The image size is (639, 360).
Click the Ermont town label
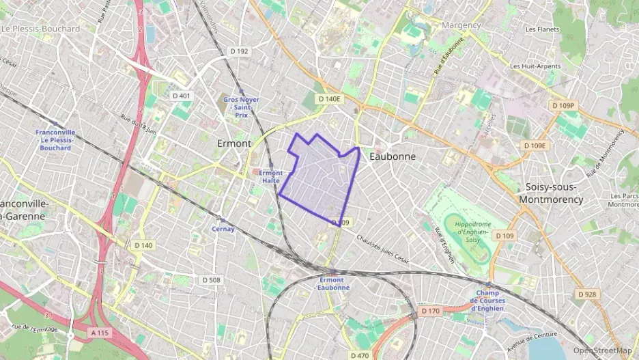(234, 143)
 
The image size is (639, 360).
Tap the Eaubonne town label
(392, 156)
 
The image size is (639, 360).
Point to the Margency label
(461, 25)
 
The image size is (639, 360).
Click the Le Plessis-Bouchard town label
(41, 29)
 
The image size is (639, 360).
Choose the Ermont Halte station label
(270, 176)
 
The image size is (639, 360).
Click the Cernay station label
(223, 229)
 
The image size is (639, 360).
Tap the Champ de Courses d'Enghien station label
(489, 301)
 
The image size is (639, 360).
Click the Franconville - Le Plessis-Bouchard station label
(55, 140)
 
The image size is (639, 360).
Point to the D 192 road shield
(239, 51)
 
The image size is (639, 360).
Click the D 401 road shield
(182, 96)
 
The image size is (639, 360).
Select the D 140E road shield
(328, 99)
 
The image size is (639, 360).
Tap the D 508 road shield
(211, 280)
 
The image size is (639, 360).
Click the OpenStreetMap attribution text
(602, 350)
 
